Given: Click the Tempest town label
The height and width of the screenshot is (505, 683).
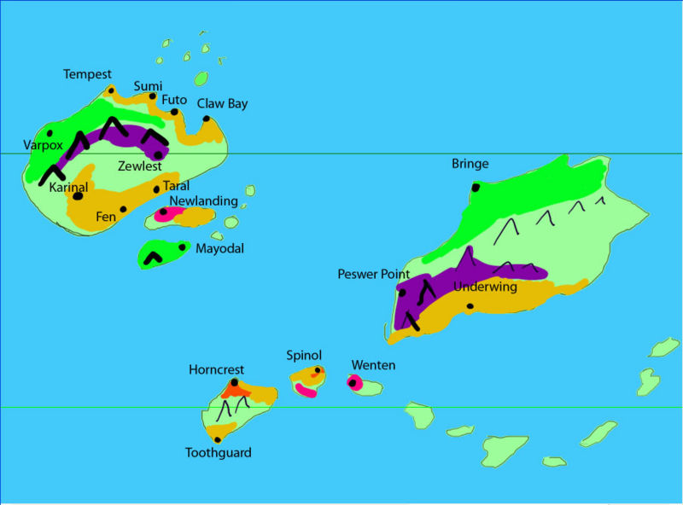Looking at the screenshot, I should click(x=87, y=74).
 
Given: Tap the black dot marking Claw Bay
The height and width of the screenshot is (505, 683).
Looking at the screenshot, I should click(x=207, y=119).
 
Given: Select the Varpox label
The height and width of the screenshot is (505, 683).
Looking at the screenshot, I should click(x=43, y=145).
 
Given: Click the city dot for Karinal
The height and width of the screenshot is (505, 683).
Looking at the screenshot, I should click(x=78, y=195).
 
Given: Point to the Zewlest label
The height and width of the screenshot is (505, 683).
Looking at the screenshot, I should click(x=139, y=166).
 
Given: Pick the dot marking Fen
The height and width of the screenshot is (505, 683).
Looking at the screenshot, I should click(x=123, y=209).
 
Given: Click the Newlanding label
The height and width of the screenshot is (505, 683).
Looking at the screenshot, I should click(x=203, y=200).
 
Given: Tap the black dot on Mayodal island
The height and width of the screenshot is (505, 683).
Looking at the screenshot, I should click(x=182, y=248).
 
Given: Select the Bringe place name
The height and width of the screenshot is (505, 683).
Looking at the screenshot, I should click(x=470, y=164).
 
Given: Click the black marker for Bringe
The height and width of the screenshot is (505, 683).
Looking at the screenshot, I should click(x=476, y=187).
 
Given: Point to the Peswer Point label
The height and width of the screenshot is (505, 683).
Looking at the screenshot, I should click(x=374, y=274).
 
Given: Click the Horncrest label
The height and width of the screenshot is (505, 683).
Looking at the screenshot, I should click(x=216, y=369).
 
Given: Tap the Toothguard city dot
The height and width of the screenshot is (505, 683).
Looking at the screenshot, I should click(x=218, y=439).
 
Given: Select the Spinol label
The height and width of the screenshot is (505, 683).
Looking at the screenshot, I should click(x=304, y=354).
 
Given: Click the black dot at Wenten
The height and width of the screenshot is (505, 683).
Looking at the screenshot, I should click(x=351, y=382).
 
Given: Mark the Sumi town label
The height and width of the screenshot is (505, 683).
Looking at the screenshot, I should click(x=148, y=85).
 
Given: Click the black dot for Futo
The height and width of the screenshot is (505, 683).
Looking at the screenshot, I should click(x=174, y=112).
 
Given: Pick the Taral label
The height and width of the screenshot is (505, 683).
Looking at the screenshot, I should click(x=176, y=185).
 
